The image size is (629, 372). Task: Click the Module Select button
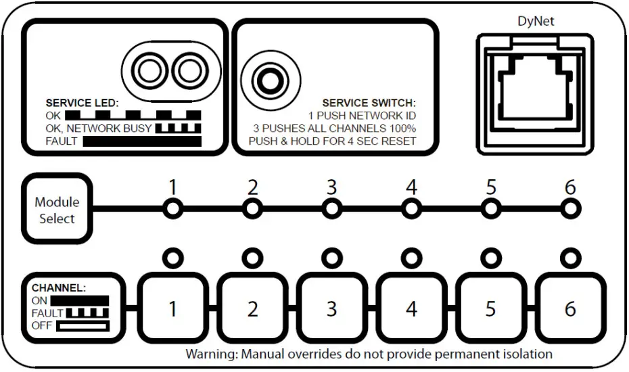coord(57,210)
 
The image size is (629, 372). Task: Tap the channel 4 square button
coord(411,308)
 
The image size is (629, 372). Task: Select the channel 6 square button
coord(570,308)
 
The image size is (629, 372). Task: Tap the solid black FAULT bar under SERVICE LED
coord(142,141)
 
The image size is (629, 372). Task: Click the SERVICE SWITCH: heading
coord(369,103)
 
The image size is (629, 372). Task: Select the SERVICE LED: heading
coord(82,103)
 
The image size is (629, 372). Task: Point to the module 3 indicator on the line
coord(331,209)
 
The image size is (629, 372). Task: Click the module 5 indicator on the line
coord(490,209)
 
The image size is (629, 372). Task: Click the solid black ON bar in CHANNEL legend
coord(80,300)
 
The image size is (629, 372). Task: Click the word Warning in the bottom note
coord(210,354)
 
